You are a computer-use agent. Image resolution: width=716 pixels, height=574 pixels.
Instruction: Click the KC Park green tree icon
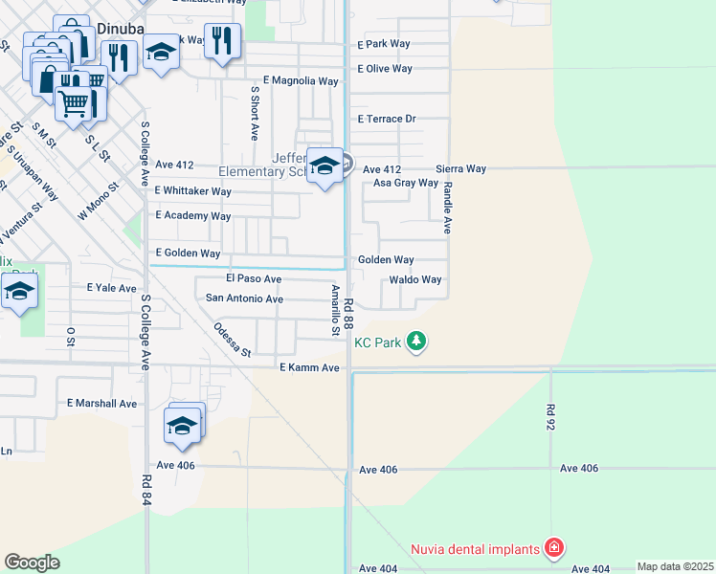(x=415, y=341)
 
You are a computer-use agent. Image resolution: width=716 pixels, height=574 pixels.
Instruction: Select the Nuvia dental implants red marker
(x=553, y=548)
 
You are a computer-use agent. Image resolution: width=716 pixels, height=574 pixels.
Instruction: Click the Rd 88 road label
(x=349, y=315)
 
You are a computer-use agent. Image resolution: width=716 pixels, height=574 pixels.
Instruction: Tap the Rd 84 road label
(x=146, y=490)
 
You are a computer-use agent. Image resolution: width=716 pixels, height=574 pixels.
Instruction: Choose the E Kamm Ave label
(x=309, y=368)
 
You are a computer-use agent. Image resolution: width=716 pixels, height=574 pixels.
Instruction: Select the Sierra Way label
(x=461, y=168)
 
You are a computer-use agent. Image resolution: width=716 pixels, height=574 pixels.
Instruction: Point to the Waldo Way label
(x=414, y=280)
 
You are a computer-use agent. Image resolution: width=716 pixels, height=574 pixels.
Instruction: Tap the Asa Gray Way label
(x=405, y=183)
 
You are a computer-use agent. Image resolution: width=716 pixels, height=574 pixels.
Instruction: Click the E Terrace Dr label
(x=387, y=120)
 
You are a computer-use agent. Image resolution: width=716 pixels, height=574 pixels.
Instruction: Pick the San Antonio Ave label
(x=245, y=298)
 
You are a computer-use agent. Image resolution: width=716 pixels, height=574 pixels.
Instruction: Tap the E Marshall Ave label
(x=101, y=404)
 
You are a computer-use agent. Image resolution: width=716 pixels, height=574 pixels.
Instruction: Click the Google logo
(x=32, y=562)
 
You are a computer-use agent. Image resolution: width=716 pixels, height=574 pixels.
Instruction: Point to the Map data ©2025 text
(x=675, y=566)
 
